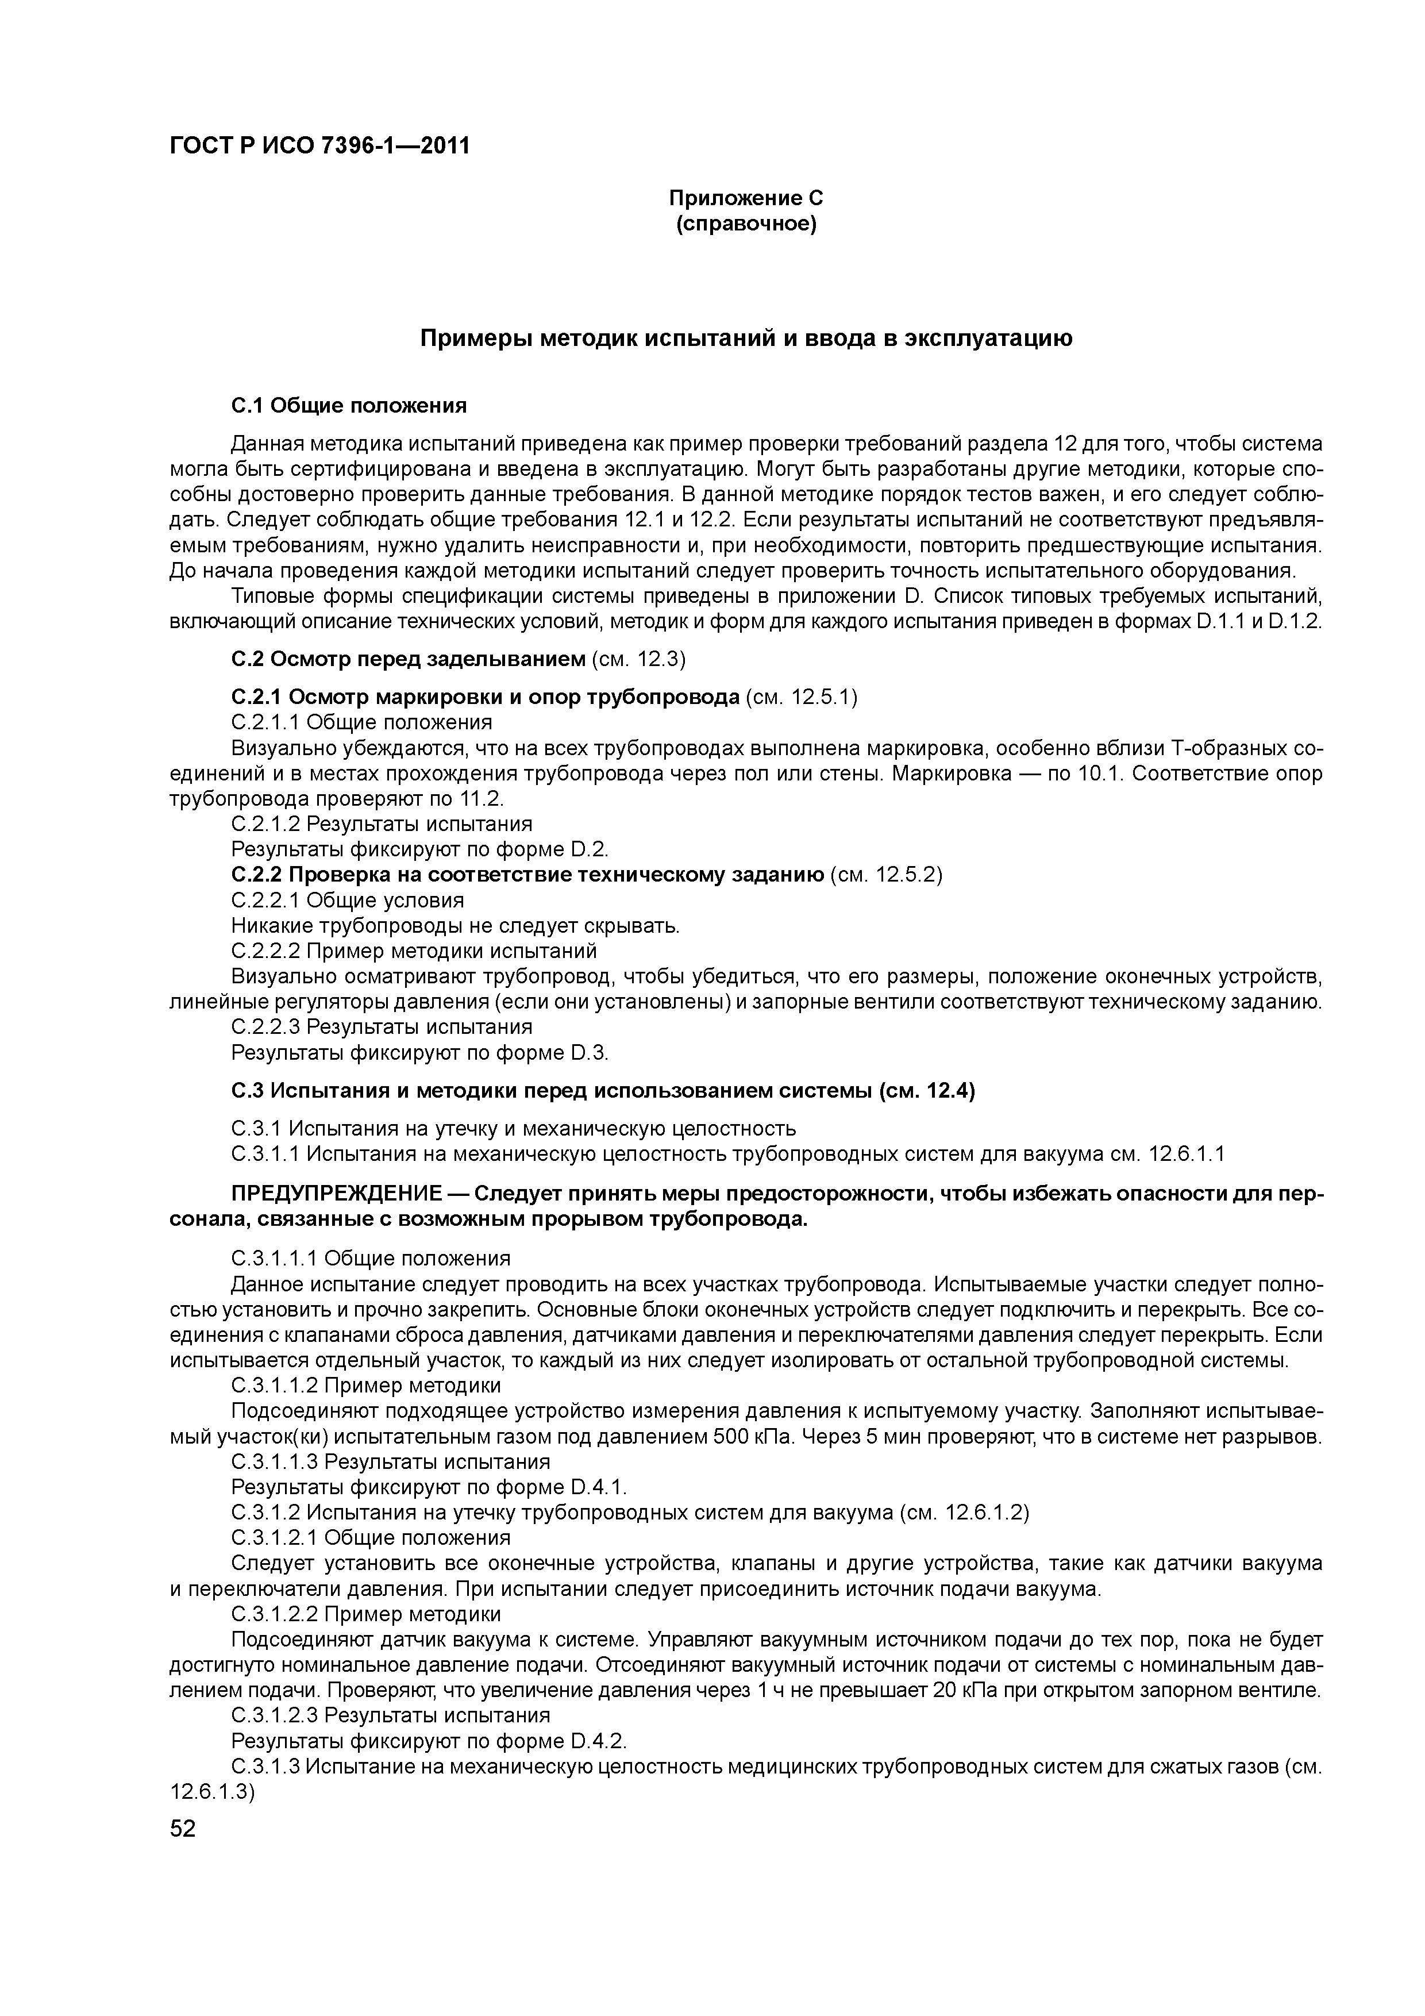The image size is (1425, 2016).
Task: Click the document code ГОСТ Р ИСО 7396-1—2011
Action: (319, 146)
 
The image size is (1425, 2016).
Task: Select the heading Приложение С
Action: (745, 198)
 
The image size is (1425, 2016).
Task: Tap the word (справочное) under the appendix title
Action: (745, 225)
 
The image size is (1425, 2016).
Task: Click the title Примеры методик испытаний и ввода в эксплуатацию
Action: (745, 338)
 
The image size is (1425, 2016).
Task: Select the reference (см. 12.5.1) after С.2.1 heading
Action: (801, 697)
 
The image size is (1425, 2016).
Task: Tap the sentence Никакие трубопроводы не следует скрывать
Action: (456, 925)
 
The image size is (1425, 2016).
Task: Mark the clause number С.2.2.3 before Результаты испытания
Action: (266, 1026)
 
